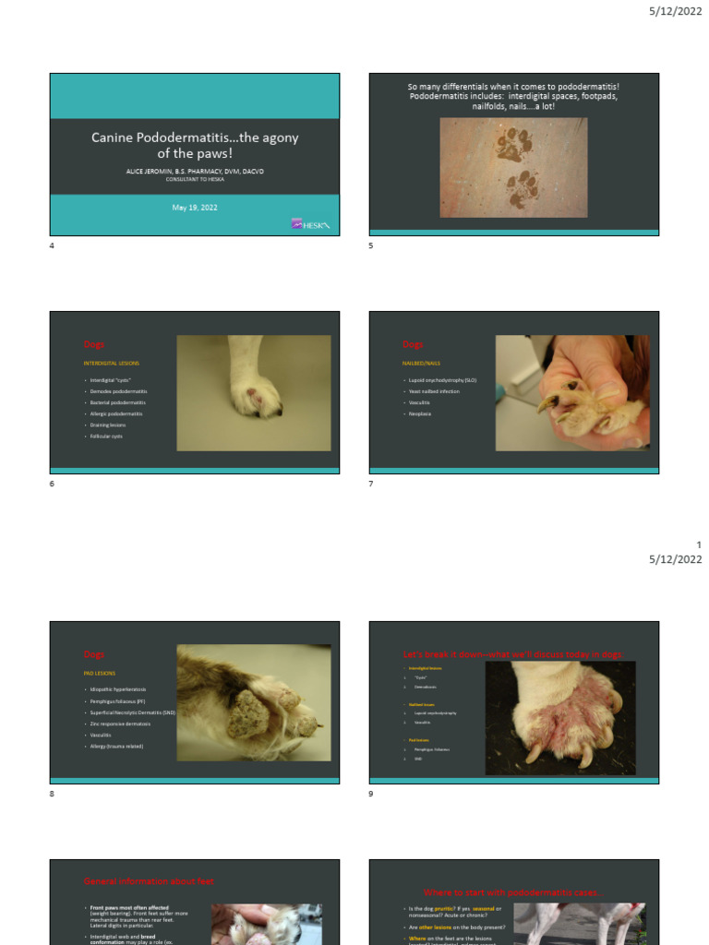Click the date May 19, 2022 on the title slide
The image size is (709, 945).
coord(195,208)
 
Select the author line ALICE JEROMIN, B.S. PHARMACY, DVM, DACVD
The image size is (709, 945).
coord(195,172)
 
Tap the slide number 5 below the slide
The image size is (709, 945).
coord(370,246)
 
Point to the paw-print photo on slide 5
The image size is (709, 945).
coord(513,167)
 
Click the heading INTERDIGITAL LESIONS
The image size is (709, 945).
coord(112,364)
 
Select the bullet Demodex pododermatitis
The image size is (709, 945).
coord(119,392)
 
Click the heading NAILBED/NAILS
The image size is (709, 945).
coord(421,364)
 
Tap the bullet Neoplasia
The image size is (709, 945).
coord(420,413)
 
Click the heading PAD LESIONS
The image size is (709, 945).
coord(102,673)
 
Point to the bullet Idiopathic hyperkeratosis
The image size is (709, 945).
coord(119,689)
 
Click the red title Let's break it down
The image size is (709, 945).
coord(513,654)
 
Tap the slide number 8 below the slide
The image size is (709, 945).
coord(52,795)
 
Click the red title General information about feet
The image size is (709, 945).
coord(149,881)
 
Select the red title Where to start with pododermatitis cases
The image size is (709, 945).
coord(514,892)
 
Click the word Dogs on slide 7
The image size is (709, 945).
coord(413,344)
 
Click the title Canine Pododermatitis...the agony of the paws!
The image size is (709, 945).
coord(195,146)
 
